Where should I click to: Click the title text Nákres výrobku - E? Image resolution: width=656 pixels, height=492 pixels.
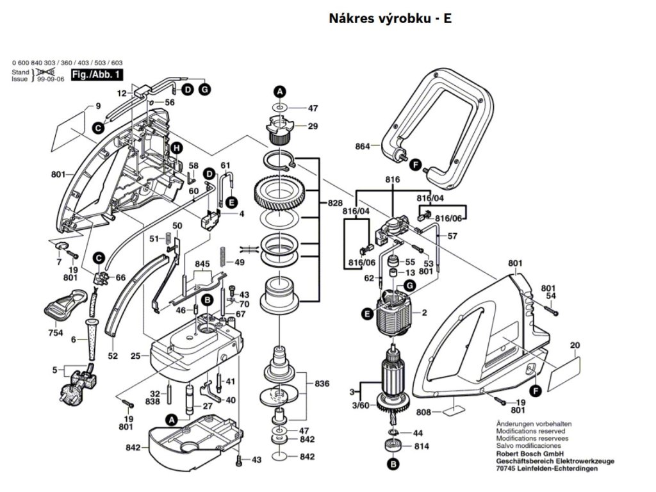coord(390,19)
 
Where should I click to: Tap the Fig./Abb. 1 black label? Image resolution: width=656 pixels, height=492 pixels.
coord(97,76)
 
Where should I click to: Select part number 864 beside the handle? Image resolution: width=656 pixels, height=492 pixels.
coord(363,147)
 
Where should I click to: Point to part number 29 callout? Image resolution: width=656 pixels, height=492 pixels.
coord(313,126)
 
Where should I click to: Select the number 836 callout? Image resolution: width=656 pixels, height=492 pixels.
coord(322,384)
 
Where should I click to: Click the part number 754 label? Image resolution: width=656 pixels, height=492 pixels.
coord(56,333)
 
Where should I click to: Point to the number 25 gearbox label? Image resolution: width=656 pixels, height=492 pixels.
coord(135,356)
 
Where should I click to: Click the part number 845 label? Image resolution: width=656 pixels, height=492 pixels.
coord(202,264)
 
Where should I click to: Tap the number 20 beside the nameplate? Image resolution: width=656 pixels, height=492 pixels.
coord(574,346)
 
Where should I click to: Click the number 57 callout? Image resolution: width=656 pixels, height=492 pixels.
coord(452,236)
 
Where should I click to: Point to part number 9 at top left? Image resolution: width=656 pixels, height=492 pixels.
coord(99,106)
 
